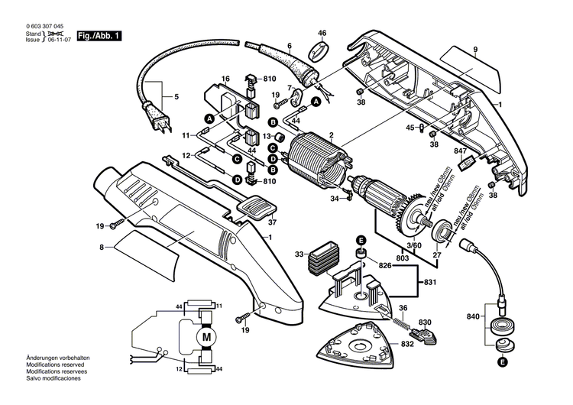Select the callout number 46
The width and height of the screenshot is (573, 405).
[322, 33]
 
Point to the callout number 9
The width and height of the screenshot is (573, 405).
[474, 50]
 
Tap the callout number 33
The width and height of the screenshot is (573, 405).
[299, 253]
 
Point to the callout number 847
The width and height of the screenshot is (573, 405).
[460, 151]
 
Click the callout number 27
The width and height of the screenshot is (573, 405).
[437, 254]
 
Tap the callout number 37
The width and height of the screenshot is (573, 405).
[271, 223]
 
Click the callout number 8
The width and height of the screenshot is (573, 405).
[102, 247]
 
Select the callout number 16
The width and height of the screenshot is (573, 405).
[225, 79]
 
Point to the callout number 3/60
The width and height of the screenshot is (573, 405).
[413, 245]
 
